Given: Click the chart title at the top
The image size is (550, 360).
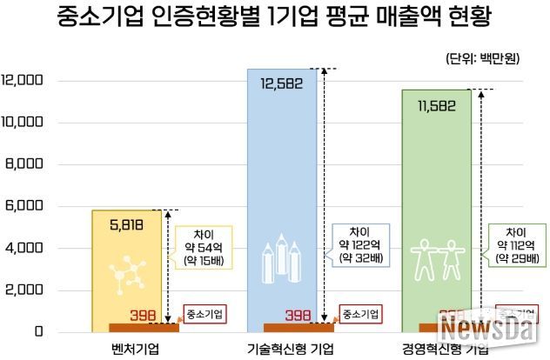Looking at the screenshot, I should [x=274, y=17].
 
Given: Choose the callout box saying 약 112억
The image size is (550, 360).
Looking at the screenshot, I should [x=513, y=245].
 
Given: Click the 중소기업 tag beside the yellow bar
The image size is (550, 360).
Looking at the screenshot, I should [x=205, y=313].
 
